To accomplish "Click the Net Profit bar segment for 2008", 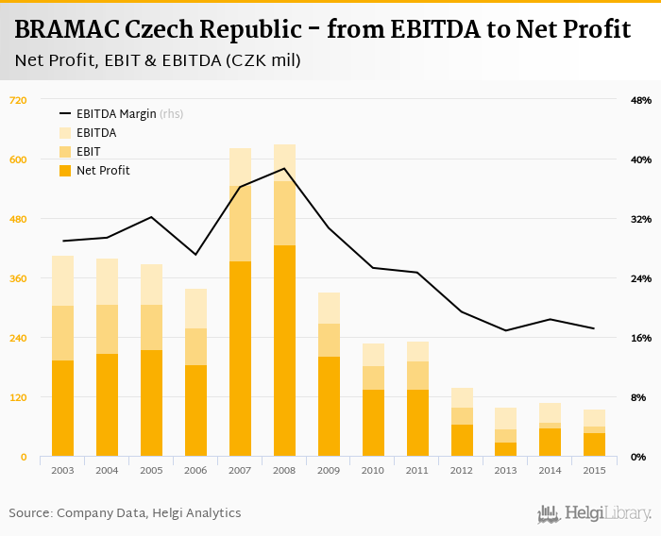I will point(284,351).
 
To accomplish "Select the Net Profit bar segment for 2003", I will point(63,409).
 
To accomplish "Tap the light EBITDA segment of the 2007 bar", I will point(240,167).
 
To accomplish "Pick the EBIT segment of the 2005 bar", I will point(151,327).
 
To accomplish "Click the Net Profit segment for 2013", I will point(505,449).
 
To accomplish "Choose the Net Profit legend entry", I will point(102,171).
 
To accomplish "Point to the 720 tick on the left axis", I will point(19,100).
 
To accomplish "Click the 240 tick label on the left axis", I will point(19,338).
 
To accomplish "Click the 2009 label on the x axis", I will point(329,470).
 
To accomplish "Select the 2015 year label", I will point(594,470).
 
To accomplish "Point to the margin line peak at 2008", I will point(284,169).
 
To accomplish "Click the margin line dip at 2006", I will point(195,255).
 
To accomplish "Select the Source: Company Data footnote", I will point(125,513).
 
